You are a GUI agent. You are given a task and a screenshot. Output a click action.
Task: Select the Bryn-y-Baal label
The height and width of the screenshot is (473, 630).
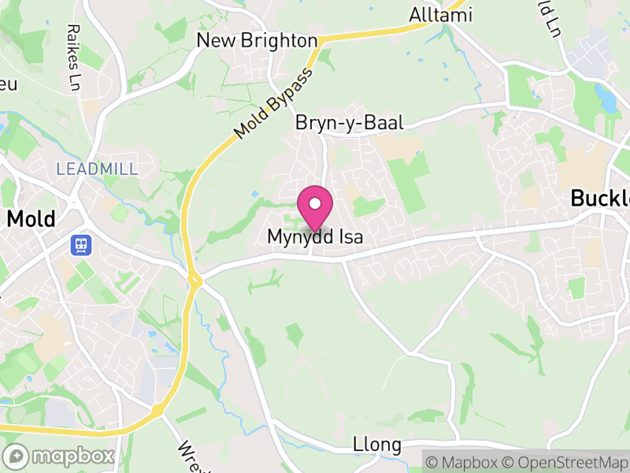(349, 123)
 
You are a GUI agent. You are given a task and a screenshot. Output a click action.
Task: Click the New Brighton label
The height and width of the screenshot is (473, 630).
(257, 40)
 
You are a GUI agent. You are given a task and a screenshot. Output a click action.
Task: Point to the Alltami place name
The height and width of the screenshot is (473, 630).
(439, 15)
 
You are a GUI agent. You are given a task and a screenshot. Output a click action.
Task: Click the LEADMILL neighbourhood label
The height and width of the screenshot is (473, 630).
(97, 169)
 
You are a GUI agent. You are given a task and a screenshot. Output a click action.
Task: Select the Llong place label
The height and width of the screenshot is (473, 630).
(377, 445)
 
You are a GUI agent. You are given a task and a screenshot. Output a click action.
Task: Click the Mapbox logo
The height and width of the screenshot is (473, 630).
(60, 456)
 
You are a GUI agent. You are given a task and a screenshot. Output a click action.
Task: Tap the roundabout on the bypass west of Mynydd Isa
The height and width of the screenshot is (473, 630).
(194, 280)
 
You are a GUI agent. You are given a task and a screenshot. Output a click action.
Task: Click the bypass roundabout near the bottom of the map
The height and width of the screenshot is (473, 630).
(157, 410)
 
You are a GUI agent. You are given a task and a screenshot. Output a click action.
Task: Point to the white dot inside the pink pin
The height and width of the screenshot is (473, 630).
(315, 203)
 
